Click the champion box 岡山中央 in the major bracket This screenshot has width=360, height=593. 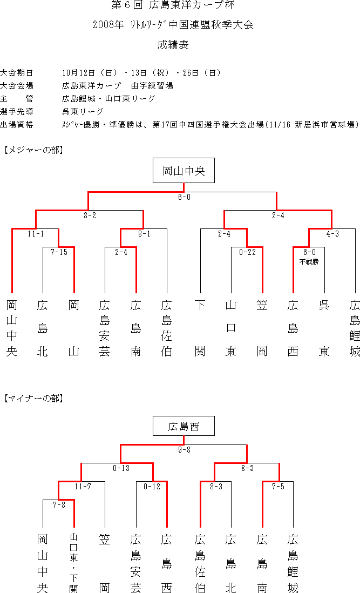(x=184, y=171)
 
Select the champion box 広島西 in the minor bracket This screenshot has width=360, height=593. (x=184, y=426)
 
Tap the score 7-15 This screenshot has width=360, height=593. (x=59, y=252)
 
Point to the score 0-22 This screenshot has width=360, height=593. (x=247, y=252)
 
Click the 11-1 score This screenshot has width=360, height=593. (x=36, y=234)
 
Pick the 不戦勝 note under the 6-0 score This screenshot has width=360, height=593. (x=309, y=262)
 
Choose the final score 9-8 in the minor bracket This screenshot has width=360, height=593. (x=185, y=450)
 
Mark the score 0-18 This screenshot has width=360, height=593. (x=121, y=468)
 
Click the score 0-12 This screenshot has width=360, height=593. (x=152, y=487)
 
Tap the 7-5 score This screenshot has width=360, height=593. (x=278, y=487)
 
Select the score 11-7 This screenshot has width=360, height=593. (x=83, y=487)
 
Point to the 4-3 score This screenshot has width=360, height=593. (x=333, y=234)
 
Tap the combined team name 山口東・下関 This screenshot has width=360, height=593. (x=73, y=562)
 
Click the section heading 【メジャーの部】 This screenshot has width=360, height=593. (x=33, y=150)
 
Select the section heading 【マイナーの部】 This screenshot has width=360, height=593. (x=33, y=398)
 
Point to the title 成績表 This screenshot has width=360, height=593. (x=173, y=45)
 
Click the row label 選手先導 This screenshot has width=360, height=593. (x=17, y=112)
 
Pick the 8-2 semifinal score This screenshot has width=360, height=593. (x=90, y=215)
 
